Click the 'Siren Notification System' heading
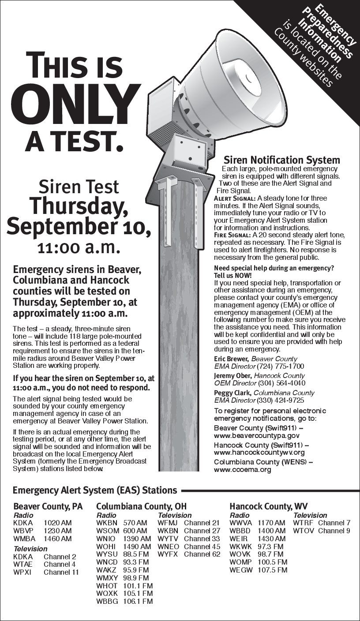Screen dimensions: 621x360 [282, 160]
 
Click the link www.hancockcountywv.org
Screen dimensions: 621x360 [259, 453]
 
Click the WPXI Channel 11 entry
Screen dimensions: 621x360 [46, 572]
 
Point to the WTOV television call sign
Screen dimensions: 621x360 [303, 531]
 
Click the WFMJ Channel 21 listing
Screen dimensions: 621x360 [188, 523]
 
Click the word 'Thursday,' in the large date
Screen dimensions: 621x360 [79, 206]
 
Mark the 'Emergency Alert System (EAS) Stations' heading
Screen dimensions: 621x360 [95, 490]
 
